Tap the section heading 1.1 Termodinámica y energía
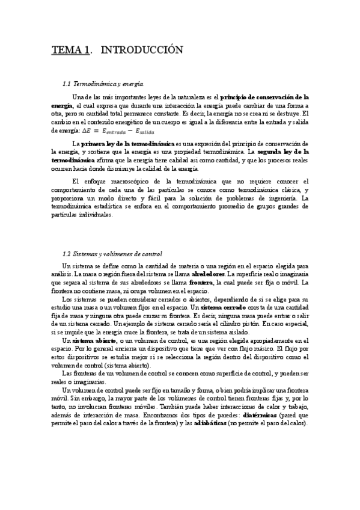click(x=108, y=84)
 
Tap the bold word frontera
click(x=201, y=283)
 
